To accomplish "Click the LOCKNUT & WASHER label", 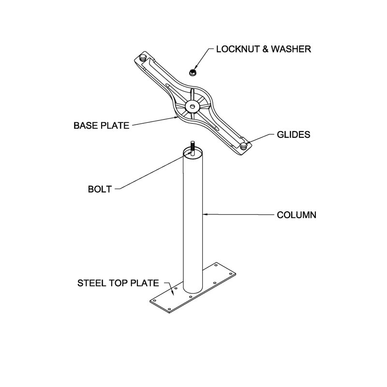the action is pos(263,49).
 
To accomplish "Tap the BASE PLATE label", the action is pos(102,126).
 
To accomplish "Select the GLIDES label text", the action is pos(294,135).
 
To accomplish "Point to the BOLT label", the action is pos(100,189).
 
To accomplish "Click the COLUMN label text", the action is pos(297,215).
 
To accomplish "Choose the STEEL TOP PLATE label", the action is pos(118,283).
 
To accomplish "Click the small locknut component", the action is pos(193,73).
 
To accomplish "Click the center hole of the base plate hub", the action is pos(192,106).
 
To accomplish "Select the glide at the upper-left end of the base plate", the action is pos(143,58).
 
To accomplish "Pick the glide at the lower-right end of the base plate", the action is pos(244,146).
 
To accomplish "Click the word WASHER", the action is pos(291,49).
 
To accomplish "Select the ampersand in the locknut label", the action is pos(265,49).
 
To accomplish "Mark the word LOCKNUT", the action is pos(238,49).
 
